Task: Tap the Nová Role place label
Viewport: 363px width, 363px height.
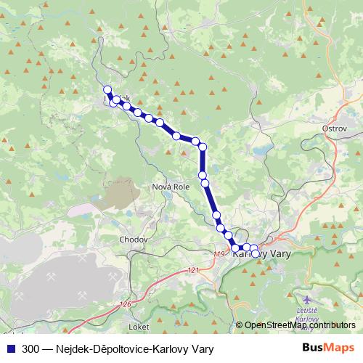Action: (x=171, y=187)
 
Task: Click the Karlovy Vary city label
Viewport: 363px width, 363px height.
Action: (x=260, y=254)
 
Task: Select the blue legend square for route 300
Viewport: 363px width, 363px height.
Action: (x=10, y=348)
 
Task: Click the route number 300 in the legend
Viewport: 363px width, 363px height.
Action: (x=31, y=348)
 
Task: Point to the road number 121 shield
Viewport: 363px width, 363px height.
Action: (x=192, y=270)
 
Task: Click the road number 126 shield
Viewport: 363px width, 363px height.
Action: (x=126, y=304)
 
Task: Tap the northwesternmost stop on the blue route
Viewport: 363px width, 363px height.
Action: (x=107, y=90)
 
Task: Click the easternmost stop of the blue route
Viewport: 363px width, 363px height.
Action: (x=254, y=248)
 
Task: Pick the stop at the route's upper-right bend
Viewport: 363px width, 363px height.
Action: (x=203, y=147)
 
